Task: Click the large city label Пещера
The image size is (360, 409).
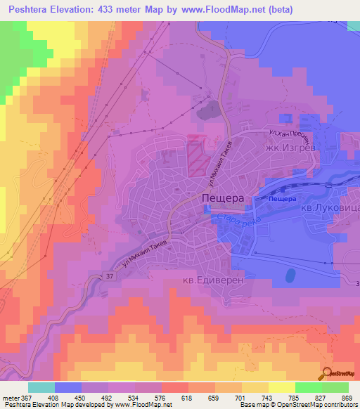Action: tap(223, 199)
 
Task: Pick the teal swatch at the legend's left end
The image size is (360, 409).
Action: tap(41, 387)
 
